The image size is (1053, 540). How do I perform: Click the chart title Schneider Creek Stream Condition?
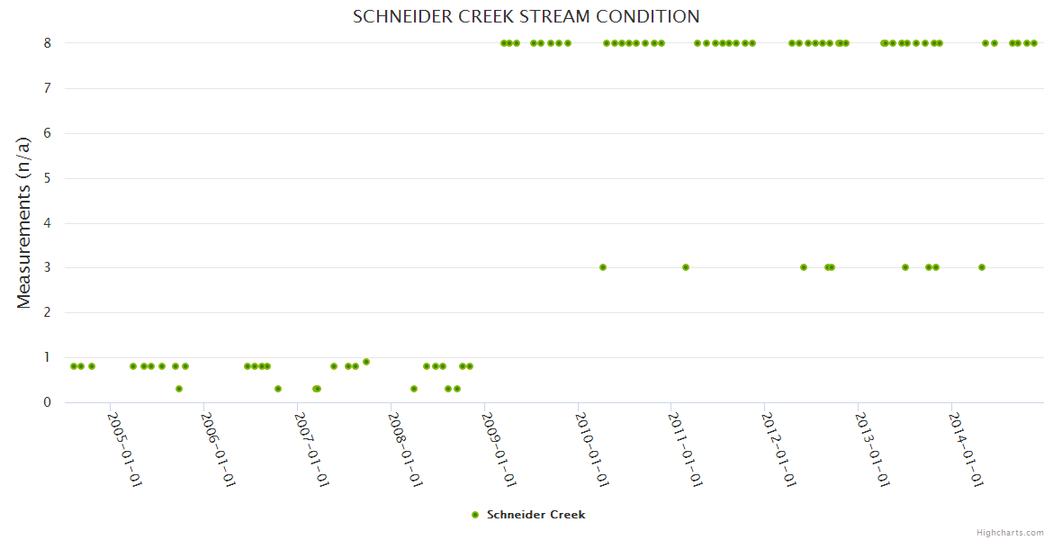point(526,17)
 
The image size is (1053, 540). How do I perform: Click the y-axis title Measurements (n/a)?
point(24,222)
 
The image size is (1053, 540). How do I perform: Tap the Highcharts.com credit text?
point(1010,532)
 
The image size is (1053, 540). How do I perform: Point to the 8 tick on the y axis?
point(46,43)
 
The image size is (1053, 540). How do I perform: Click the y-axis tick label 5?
point(46,178)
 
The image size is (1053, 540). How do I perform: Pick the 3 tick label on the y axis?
point(46,267)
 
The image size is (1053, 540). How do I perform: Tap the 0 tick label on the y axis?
point(46,402)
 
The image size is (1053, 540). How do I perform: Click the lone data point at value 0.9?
point(366,362)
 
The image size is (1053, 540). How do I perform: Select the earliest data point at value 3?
point(603,267)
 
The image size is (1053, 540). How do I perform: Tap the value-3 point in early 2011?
point(686,267)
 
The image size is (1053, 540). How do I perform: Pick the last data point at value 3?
point(982,267)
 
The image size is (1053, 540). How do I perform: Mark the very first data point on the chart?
point(74,366)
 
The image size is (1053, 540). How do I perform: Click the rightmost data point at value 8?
point(1034,43)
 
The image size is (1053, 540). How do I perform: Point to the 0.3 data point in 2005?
point(179,389)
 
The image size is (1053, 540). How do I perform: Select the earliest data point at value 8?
point(503,43)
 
